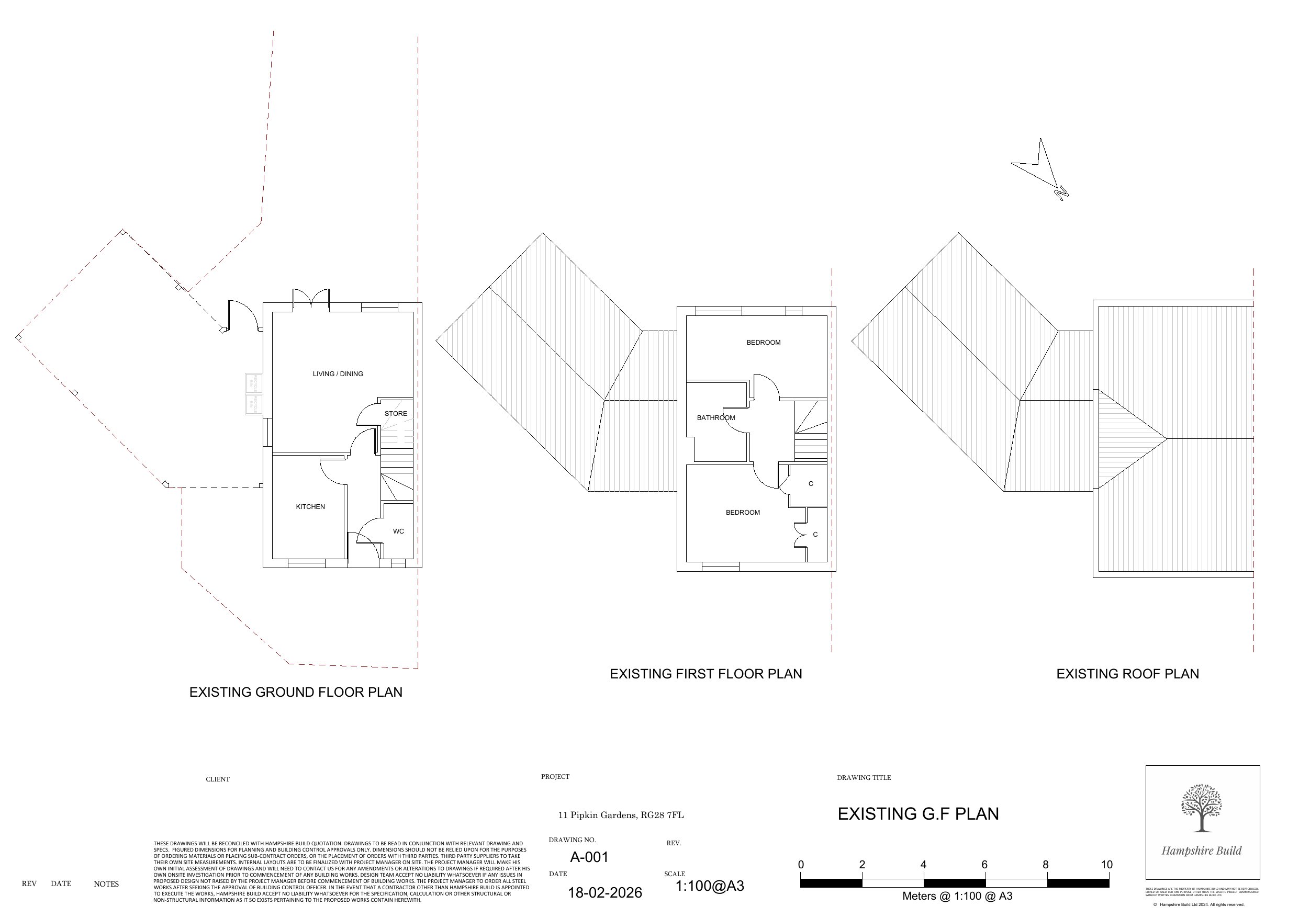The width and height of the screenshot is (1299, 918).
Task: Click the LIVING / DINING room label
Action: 338,374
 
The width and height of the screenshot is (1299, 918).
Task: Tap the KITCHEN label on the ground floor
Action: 310,507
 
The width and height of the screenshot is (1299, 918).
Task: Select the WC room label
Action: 398,531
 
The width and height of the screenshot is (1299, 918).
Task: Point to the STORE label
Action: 396,413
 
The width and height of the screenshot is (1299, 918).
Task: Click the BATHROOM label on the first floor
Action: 715,418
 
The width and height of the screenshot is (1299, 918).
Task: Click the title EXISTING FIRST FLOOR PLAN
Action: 706,674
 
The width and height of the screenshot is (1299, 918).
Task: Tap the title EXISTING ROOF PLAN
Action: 1127,674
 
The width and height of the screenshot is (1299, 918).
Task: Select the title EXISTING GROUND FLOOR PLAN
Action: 295,693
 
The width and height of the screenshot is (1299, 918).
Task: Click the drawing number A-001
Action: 589,857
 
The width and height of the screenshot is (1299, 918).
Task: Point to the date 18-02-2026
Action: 605,892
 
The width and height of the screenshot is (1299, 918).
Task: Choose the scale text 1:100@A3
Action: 710,886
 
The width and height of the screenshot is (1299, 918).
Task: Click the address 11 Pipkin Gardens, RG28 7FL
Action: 621,815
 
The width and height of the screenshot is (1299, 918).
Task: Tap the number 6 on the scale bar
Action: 984,864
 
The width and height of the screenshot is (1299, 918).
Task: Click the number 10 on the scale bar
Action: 1106,864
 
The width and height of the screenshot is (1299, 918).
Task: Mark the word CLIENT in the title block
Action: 217,779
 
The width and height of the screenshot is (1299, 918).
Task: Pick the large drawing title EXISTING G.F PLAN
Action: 917,814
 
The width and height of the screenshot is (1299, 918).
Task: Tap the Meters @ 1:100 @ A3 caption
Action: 957,896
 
